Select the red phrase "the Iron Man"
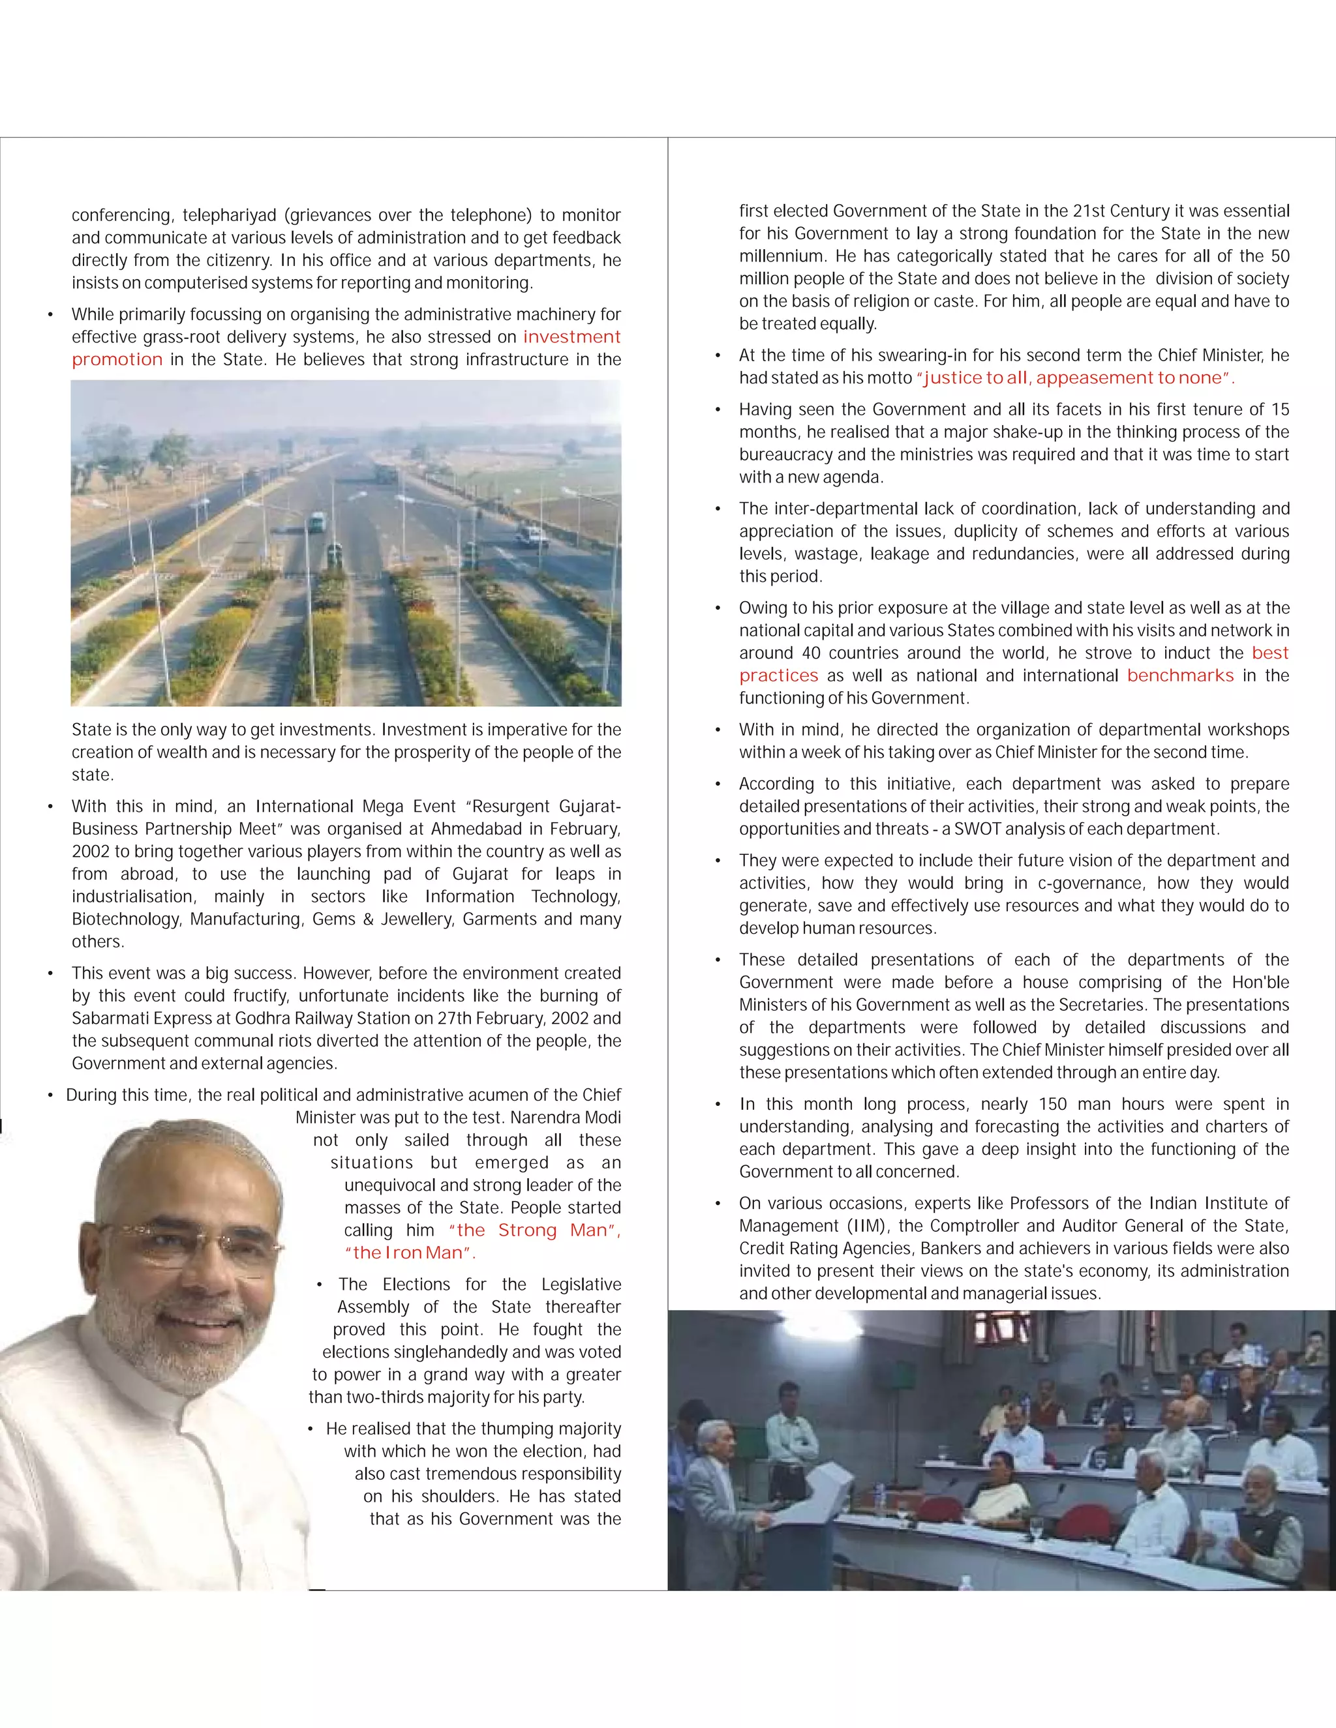coord(408,1253)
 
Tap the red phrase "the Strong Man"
coord(534,1230)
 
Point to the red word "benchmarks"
coord(1179,676)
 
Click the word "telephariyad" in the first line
coord(230,215)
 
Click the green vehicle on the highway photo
coord(316,522)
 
